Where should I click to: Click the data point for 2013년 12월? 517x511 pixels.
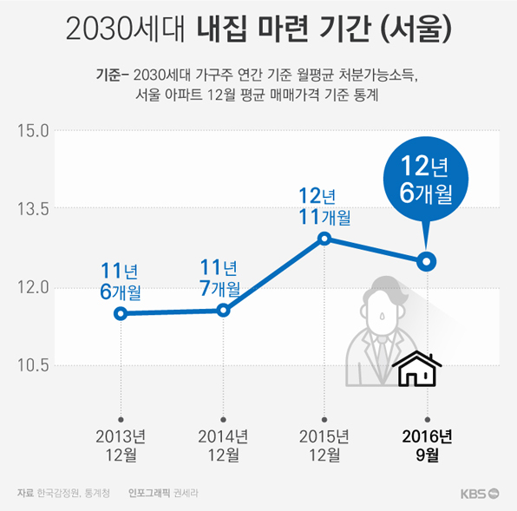[x=121, y=313]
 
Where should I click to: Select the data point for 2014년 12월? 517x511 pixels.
[x=223, y=310]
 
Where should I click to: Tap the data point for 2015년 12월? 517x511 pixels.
[x=324, y=239]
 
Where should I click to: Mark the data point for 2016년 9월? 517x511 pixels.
[x=426, y=261]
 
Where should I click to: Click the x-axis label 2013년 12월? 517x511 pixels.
[x=121, y=444]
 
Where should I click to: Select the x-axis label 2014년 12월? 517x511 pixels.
[x=223, y=444]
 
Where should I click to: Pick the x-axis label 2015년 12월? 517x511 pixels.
[x=324, y=444]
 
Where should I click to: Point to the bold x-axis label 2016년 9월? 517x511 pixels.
[x=426, y=444]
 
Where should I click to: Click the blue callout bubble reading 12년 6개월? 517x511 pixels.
[x=426, y=180]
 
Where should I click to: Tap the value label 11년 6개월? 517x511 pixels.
[x=121, y=278]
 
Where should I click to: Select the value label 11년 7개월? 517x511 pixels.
[x=219, y=277]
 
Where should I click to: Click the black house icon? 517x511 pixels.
[x=419, y=370]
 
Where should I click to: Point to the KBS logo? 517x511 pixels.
[x=480, y=493]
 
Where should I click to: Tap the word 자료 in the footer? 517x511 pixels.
[x=25, y=493]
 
